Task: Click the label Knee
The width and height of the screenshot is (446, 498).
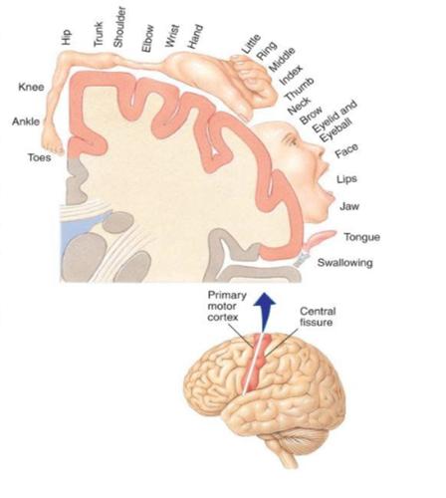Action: point(31,87)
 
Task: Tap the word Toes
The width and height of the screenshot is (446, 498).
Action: point(40,157)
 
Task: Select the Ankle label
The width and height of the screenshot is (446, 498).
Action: point(26,122)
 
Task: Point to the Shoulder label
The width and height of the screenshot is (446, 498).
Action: point(119,28)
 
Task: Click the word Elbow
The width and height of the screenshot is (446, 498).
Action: point(147,38)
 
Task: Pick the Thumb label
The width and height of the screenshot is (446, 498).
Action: point(300,89)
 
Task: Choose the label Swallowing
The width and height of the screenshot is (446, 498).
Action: point(345,263)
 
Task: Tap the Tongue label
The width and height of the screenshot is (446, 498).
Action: point(361,237)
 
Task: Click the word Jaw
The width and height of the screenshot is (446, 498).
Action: point(349,206)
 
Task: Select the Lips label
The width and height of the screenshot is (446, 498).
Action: point(346,179)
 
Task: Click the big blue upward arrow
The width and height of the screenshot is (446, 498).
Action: point(264,312)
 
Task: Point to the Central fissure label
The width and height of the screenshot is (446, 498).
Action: point(317,317)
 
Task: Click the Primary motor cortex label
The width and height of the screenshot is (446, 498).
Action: point(227,306)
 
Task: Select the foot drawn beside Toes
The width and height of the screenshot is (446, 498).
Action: point(53,141)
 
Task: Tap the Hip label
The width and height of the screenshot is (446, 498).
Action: point(66,37)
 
